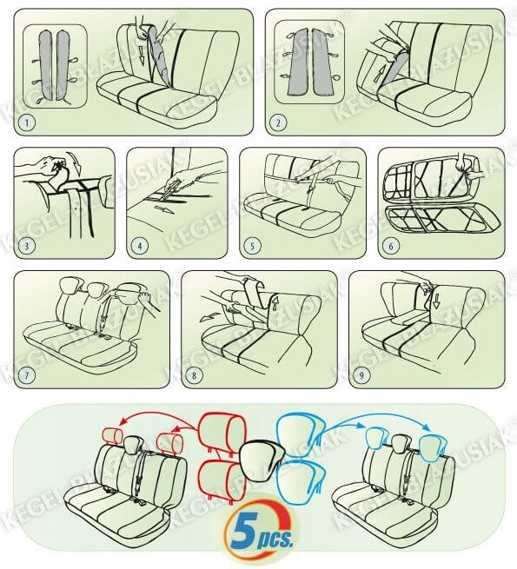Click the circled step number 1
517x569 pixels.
pyautogui.click(x=27, y=122)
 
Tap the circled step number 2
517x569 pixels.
pyautogui.click(x=278, y=122)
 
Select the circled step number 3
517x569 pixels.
pyautogui.click(x=27, y=246)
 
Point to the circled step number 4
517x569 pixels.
pyautogui.click(x=140, y=246)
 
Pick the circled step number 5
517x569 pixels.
pyautogui.click(x=253, y=246)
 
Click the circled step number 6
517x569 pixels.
pyautogui.click(x=391, y=246)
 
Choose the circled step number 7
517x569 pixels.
pyautogui.click(x=27, y=374)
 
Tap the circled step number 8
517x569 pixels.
pyautogui.click(x=194, y=374)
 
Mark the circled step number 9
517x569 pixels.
pyautogui.click(x=361, y=374)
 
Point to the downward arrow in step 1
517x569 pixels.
pyautogui.click(x=142, y=58)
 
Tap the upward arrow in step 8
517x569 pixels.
pyautogui.click(x=274, y=303)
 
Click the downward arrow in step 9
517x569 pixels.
pyautogui.click(x=436, y=301)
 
